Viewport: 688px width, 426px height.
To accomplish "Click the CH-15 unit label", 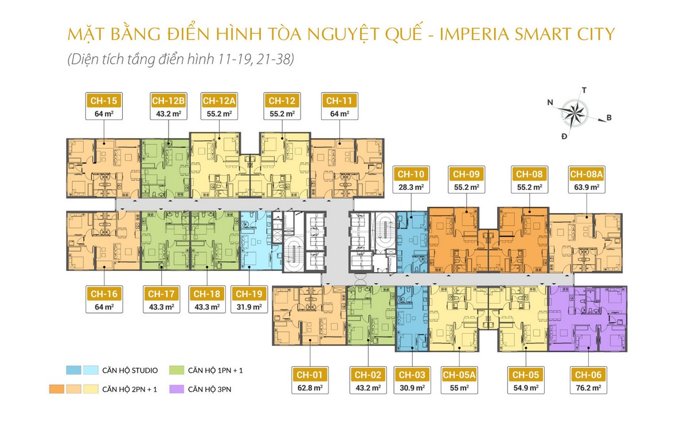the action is [104, 101].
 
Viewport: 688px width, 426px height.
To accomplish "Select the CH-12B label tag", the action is [169, 101].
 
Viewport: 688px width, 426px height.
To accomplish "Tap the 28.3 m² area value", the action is [411, 187].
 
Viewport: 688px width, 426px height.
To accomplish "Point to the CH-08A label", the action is [587, 175].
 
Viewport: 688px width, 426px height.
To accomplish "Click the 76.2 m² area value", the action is [588, 388].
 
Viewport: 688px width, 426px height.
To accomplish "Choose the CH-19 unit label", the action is [249, 294].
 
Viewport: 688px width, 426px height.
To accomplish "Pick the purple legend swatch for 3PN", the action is [177, 389].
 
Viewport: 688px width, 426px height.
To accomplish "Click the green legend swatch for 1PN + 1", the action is [177, 370].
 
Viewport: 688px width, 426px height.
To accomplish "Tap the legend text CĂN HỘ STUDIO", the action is [130, 370].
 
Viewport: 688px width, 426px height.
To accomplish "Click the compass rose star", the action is [574, 113].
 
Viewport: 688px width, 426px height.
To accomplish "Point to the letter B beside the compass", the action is [609, 118].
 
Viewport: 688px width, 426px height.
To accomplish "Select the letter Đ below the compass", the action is [564, 136].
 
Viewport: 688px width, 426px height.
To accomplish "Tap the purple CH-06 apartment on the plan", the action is [588, 319].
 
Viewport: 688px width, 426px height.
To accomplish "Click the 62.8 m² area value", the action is [310, 388].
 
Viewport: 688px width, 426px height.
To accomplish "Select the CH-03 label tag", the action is [412, 375].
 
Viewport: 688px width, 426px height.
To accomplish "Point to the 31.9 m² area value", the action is [249, 307].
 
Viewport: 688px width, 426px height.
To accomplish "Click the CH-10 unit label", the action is [411, 175].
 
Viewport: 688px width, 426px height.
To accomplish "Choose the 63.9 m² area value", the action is [587, 187].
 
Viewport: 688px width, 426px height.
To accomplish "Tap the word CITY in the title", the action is [596, 34].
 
